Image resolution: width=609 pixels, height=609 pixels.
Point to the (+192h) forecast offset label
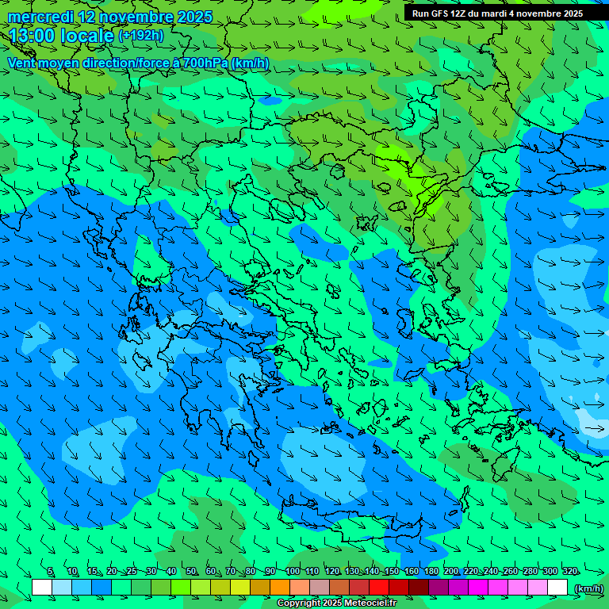tap(140, 36)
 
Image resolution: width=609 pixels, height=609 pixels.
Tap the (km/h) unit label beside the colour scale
tap(588, 588)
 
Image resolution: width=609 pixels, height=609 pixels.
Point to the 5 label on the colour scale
tap(50, 572)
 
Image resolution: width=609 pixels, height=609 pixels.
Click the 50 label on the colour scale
tap(191, 572)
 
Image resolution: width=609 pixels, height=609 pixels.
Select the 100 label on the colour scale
tap(293, 572)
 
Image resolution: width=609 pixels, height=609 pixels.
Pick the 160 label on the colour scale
tap(411, 572)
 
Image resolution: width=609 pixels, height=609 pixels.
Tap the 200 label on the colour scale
tap(450, 572)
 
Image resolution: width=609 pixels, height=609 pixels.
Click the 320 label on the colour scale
tap(569, 572)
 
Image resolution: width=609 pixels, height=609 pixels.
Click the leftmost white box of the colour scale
tap(42, 588)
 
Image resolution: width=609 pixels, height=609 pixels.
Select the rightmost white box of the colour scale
tap(557, 588)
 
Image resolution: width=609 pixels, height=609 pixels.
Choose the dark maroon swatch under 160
tap(419, 588)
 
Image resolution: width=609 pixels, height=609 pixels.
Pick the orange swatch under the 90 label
tap(280, 588)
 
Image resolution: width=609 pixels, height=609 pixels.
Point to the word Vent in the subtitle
tap(23, 63)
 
